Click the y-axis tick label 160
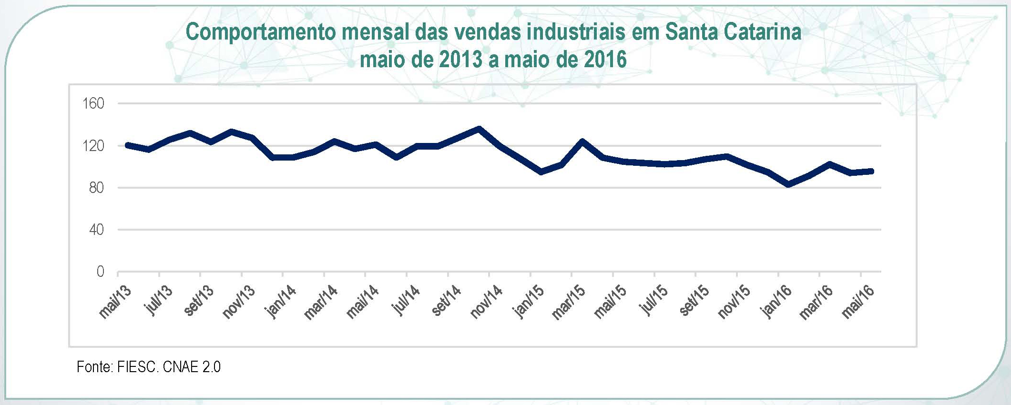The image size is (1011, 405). point(93,103)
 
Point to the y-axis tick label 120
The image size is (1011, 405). point(93,145)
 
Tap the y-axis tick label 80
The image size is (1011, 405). point(96,187)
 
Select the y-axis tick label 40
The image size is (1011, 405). point(96,229)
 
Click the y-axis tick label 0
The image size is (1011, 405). point(100,272)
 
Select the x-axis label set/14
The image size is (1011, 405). point(446,300)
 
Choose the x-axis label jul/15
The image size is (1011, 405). point(653,300)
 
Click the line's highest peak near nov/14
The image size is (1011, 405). point(479,128)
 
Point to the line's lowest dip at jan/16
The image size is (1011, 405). point(788,184)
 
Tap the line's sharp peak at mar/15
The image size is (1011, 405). point(582,141)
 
